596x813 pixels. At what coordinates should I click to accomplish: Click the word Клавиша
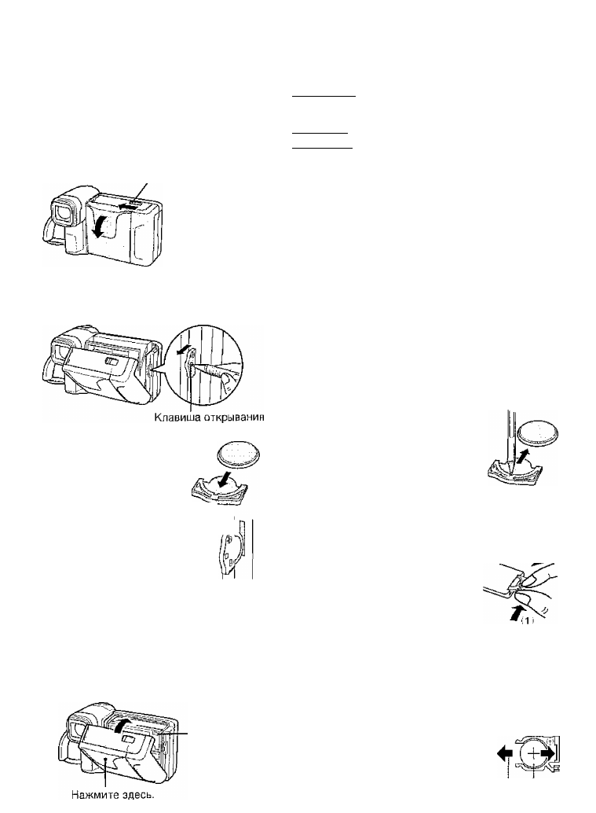coord(173,418)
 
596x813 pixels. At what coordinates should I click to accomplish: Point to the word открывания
coord(230,418)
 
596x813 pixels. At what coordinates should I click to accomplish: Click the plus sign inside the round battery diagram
coord(532,753)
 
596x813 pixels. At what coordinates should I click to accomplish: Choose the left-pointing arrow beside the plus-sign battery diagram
coord(504,753)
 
